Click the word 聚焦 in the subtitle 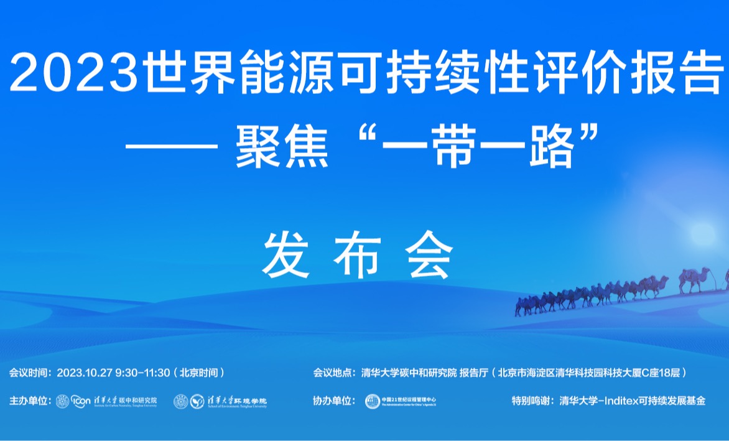click(281, 148)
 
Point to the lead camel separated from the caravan click(694, 278)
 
